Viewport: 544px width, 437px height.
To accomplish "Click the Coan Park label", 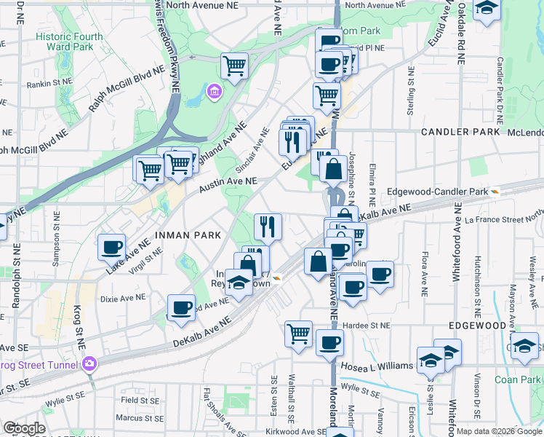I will click(517, 379).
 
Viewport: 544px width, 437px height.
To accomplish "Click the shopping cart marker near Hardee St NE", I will click(299, 334).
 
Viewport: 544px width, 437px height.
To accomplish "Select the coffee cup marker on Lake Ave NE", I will click(112, 248).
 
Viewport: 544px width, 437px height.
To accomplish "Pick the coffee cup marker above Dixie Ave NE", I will click(181, 307).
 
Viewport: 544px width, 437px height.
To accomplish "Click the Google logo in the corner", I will click(24, 428).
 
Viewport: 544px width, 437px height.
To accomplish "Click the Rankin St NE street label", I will click(49, 84).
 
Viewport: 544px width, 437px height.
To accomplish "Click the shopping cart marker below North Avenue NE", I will click(234, 66).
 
